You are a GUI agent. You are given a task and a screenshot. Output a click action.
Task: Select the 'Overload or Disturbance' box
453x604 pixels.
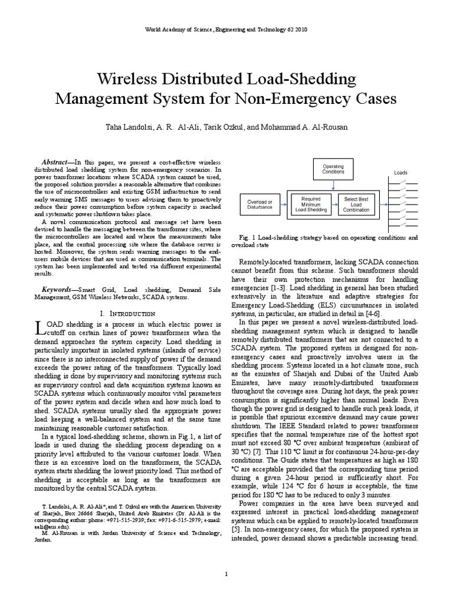pyautogui.click(x=260, y=205)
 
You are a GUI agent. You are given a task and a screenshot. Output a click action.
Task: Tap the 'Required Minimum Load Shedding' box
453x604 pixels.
pyautogui.click(x=311, y=204)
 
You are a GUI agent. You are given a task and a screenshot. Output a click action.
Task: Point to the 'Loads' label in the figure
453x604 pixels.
pyautogui.click(x=401, y=173)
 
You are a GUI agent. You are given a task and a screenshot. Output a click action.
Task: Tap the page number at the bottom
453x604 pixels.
pyautogui.click(x=226, y=573)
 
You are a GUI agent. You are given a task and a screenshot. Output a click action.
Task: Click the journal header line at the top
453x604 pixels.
pyautogui.click(x=226, y=29)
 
